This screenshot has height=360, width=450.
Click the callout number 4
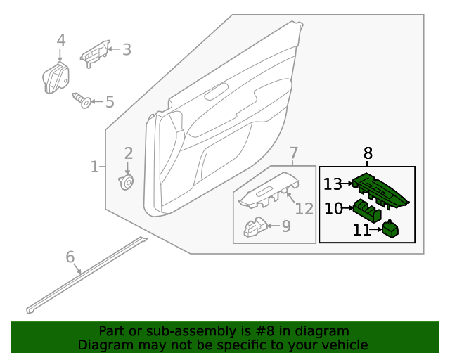[x=61, y=40]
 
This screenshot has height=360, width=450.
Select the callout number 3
[x=127, y=49]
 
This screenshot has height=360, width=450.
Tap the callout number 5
[x=109, y=103]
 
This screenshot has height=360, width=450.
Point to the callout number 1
[x=94, y=167]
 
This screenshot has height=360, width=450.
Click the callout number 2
[x=128, y=153]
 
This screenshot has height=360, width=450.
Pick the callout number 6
[x=70, y=257]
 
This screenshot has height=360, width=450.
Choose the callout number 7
[x=293, y=153]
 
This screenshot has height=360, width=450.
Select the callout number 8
[x=368, y=153]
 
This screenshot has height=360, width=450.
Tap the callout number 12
[x=304, y=209]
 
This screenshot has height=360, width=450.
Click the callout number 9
[x=285, y=226]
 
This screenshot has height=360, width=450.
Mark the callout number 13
[x=332, y=185]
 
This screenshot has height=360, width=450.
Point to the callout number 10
[x=333, y=208]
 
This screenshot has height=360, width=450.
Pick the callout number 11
[x=361, y=230]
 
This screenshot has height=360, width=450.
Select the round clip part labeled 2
[x=127, y=183]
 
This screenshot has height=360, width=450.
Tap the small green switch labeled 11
[x=390, y=229]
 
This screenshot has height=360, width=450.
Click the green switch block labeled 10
[x=366, y=210]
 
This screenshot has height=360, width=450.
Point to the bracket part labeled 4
[x=56, y=77]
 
